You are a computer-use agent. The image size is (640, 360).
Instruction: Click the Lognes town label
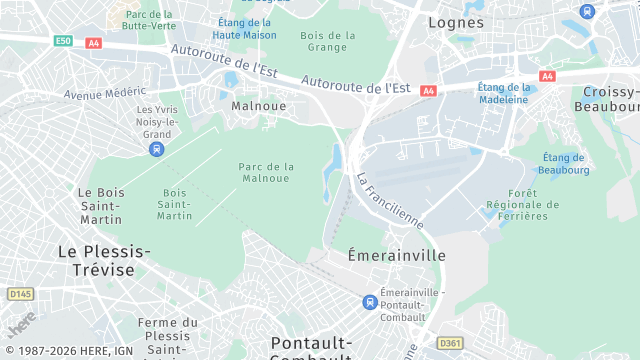pos(455,22)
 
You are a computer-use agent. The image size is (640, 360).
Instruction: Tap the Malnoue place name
pos(259,105)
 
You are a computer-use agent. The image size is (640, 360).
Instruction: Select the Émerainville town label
pos(396,255)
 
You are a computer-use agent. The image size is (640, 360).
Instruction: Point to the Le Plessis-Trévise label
pos(104,260)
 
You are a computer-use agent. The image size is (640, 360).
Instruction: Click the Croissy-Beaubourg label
pos(610,99)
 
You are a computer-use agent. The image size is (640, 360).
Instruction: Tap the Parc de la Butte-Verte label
pos(148,20)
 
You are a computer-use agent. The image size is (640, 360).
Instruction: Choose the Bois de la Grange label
pos(328,41)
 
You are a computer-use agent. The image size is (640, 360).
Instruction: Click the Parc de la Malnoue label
pos(266,172)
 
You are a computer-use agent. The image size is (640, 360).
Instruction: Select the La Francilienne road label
pos(389,199)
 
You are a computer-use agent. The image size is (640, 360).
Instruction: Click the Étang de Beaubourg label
pos(563,163)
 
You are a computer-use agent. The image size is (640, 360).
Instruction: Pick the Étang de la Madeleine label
pos(503,93)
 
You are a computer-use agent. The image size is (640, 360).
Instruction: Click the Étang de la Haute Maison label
pos(244,28)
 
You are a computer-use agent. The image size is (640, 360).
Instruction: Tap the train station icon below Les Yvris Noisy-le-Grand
pos(156,149)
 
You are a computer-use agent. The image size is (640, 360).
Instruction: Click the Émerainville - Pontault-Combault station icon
pos(370,302)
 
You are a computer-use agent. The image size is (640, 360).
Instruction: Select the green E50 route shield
pos(64,41)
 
